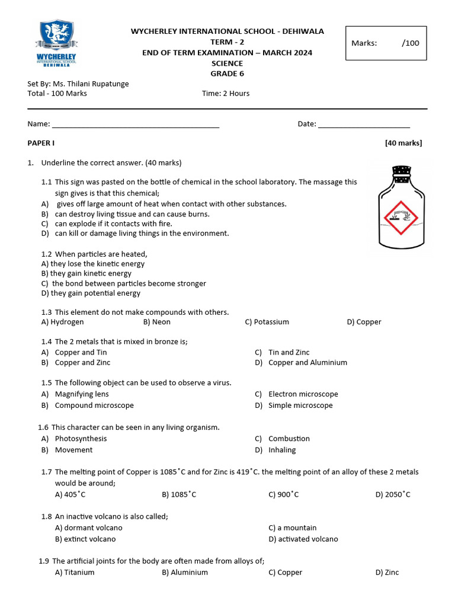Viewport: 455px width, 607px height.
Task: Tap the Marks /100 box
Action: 386,43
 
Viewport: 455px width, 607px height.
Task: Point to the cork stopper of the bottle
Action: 402,172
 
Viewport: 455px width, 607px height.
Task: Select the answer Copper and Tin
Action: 81,352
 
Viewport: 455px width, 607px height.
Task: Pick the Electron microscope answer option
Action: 303,394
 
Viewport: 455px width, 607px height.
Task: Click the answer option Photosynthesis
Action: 81,439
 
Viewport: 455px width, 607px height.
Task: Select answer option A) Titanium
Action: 75,573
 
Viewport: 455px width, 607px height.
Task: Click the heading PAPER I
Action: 41,143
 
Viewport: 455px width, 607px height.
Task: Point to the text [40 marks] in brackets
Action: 403,143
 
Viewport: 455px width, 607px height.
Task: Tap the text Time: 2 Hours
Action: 226,93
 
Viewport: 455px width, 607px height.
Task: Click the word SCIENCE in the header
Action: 227,63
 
